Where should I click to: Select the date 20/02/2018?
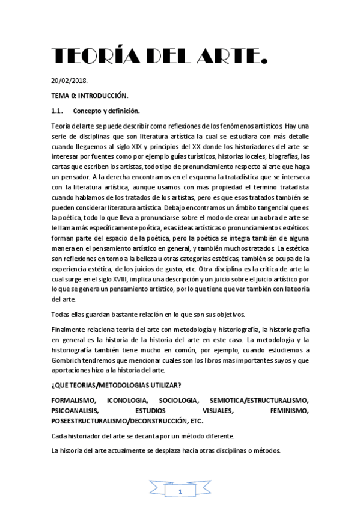(70, 80)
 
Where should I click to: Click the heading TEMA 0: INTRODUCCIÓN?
(90, 96)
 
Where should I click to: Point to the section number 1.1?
(58, 111)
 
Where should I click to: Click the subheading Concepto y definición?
(106, 111)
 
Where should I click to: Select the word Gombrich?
(69, 360)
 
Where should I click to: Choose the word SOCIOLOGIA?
(178, 401)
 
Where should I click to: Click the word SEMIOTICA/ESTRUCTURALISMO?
(259, 401)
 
